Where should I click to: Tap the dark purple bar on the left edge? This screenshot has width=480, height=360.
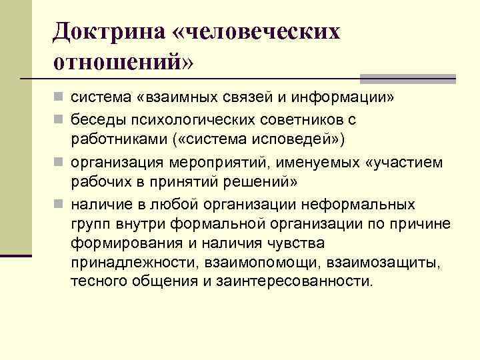point(16,255)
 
